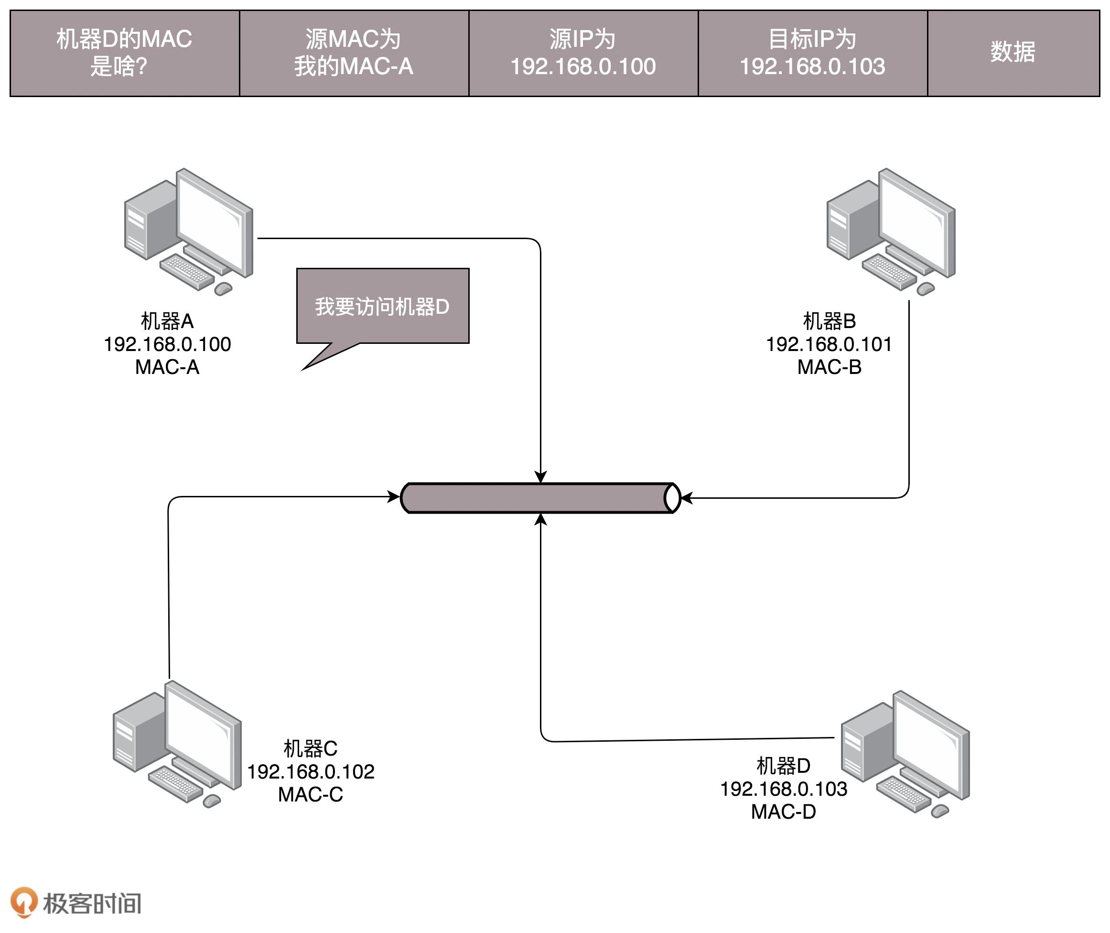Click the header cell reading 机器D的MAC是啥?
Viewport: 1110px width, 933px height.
pyautogui.click(x=125, y=53)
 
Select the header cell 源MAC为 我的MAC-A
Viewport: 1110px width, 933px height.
pyautogui.click(x=354, y=53)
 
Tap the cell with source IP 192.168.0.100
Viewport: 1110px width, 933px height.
pyautogui.click(x=583, y=53)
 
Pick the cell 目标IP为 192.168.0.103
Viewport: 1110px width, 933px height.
pyautogui.click(x=812, y=53)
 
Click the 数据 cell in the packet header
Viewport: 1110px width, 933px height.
pyautogui.click(x=1013, y=53)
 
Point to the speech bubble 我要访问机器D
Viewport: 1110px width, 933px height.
pyautogui.click(x=383, y=306)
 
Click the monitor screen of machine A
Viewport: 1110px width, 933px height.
pyautogui.click(x=210, y=223)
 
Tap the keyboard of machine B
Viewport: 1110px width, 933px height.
pyautogui.click(x=889, y=271)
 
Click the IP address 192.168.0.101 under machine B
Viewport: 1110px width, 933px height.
pyautogui.click(x=829, y=344)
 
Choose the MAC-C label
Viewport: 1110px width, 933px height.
pyautogui.click(x=311, y=794)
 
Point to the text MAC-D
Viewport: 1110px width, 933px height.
pyautogui.click(x=783, y=812)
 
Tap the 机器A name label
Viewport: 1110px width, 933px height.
pyautogui.click(x=167, y=321)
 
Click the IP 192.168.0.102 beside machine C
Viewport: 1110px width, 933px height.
pyautogui.click(x=311, y=772)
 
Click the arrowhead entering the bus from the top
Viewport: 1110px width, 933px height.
pyautogui.click(x=540, y=477)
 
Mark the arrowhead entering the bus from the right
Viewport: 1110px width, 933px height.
pyautogui.click(x=687, y=498)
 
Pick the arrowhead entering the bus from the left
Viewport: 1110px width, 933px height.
pyautogui.click(x=394, y=497)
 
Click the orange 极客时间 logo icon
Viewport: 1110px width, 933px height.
pyautogui.click(x=24, y=902)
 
